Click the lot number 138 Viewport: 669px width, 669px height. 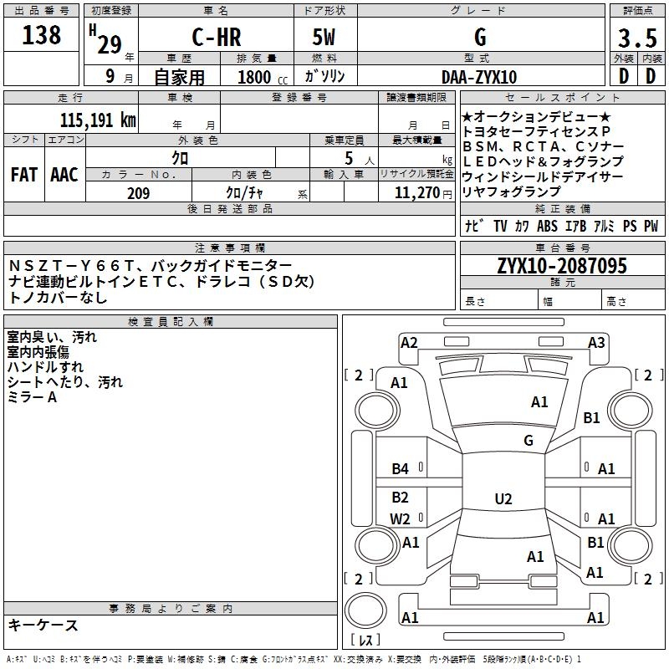click(x=42, y=35)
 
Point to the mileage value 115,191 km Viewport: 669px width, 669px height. click(x=97, y=120)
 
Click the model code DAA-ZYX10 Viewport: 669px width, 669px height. click(x=479, y=77)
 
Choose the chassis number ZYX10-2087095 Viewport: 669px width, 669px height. click(x=561, y=267)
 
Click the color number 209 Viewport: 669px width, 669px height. click(x=138, y=193)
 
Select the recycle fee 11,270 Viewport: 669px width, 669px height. click(x=416, y=193)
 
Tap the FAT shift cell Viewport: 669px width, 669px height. click(x=24, y=174)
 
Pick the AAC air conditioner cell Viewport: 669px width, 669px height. click(x=64, y=174)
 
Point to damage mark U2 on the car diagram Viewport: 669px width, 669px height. click(x=503, y=499)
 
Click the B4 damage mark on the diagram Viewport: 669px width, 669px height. click(x=401, y=469)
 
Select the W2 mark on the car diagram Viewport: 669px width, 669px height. click(x=401, y=519)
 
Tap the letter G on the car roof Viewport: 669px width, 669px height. click(x=528, y=440)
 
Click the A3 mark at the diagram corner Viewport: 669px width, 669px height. click(x=595, y=342)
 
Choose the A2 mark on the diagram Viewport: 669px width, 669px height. click(x=409, y=342)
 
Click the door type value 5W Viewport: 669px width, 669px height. click(x=325, y=37)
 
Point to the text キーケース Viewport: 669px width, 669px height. click(x=43, y=625)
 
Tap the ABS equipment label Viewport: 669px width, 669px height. click(x=547, y=226)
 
